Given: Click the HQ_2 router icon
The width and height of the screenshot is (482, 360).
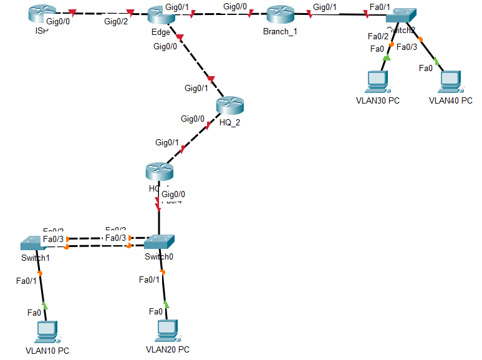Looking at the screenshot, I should (229, 106).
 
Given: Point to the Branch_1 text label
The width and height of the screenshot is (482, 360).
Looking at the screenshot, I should (282, 32).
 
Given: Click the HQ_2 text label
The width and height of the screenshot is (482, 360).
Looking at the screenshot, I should (229, 122).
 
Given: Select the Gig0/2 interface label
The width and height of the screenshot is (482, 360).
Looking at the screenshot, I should (115, 22).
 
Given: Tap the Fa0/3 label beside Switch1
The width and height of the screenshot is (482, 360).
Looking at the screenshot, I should (53, 239).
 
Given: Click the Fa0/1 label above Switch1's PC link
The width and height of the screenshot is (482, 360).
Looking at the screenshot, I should (27, 280).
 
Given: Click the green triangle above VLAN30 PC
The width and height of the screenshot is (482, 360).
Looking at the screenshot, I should (385, 57).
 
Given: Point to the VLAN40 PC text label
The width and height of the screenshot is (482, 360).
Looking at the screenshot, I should (450, 100).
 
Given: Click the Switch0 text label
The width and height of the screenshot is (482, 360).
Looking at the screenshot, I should (160, 256).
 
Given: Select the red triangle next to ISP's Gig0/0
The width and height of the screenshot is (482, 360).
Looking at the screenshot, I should (73, 12).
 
